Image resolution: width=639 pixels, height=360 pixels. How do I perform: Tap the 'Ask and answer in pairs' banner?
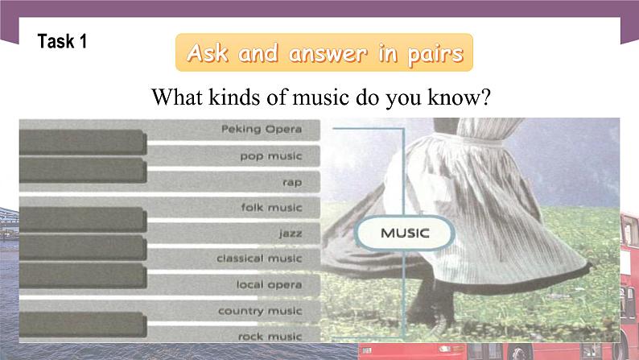324,54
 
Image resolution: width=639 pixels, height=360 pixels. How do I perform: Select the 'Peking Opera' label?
262,129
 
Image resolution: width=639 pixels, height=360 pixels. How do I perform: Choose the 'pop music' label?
271,155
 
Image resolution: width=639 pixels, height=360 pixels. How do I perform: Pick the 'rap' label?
291,182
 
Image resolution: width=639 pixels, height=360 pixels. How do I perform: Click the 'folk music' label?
271,207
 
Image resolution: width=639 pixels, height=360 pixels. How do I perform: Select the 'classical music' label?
259,259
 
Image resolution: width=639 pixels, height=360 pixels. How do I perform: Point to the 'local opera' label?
269,284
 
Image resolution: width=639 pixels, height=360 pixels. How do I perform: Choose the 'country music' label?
260,311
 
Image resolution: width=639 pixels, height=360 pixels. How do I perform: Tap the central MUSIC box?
405,234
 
